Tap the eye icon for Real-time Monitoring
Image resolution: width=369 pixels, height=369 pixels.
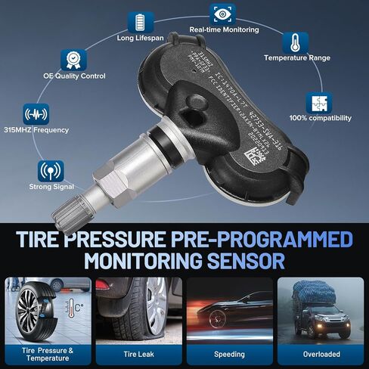click(x=222, y=14)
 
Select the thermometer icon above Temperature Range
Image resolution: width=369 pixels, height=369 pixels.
click(x=295, y=43)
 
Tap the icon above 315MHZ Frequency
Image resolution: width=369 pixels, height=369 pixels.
click(x=36, y=115)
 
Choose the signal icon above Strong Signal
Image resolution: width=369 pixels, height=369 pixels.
click(x=51, y=170)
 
